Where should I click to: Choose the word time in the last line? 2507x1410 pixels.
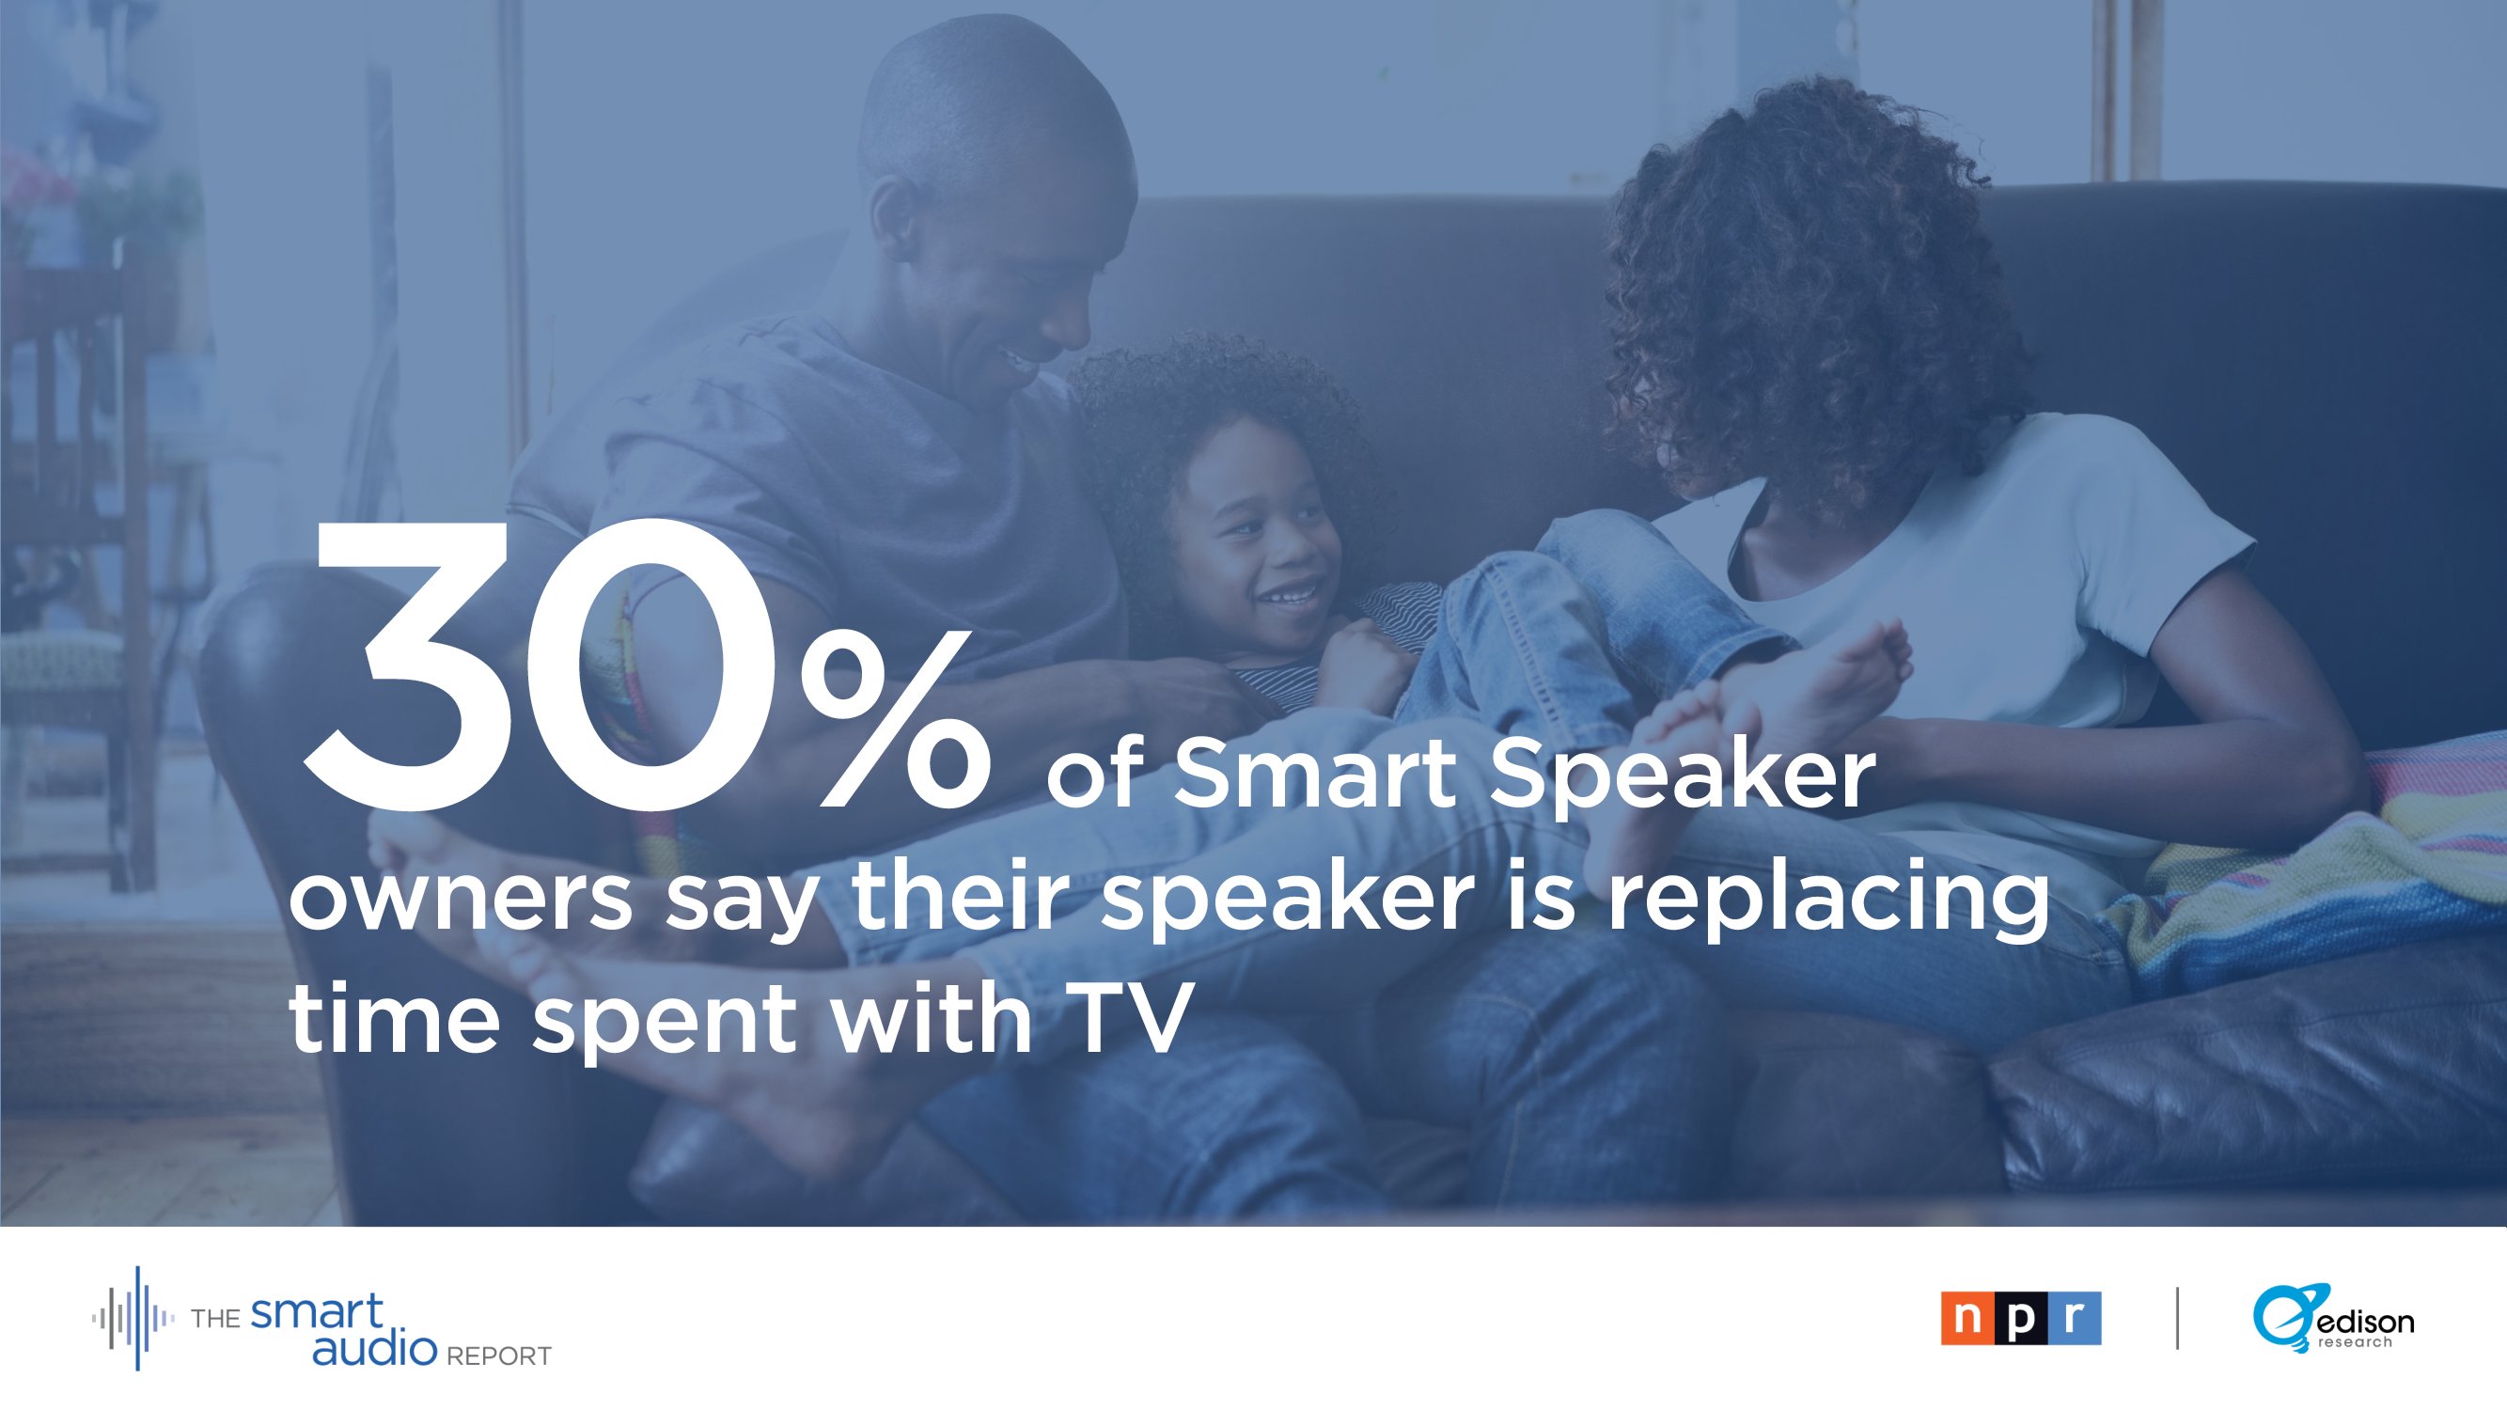click(x=394, y=1018)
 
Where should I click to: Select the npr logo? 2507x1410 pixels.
click(x=2020, y=1319)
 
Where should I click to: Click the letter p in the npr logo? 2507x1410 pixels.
click(x=2020, y=1319)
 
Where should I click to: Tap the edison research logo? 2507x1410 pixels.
click(x=2333, y=1318)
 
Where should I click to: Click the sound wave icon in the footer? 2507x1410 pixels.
click(x=134, y=1319)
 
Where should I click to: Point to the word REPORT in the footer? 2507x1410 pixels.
click(x=498, y=1355)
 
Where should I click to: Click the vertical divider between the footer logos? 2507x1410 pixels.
click(x=2177, y=1319)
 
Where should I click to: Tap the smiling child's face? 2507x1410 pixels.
click(x=1256, y=545)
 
